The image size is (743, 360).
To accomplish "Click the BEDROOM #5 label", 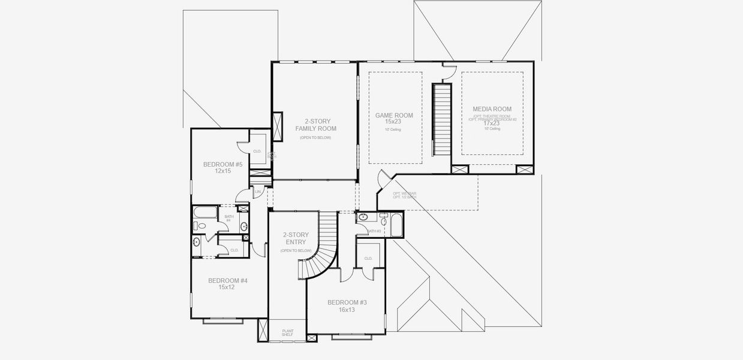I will pyautogui.click(x=222, y=164).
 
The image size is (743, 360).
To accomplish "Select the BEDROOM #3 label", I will pyautogui.click(x=347, y=302).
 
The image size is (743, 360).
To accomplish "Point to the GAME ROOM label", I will pyautogui.click(x=394, y=115).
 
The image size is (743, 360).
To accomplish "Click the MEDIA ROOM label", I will pyautogui.click(x=492, y=109).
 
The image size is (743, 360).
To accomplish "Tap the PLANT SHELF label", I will pyautogui.click(x=288, y=332).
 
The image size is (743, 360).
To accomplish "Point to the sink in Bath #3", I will pyautogui.click(x=363, y=217).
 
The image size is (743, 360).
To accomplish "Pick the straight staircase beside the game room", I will pyautogui.click(x=442, y=118).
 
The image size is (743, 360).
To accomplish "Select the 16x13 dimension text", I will pyautogui.click(x=347, y=310).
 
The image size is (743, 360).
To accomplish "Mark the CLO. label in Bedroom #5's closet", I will pyautogui.click(x=257, y=152).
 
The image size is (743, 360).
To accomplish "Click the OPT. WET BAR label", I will pyautogui.click(x=404, y=194).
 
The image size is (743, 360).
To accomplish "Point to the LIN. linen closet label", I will pyautogui.click(x=258, y=192).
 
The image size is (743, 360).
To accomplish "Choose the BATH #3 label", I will pyautogui.click(x=374, y=231).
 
